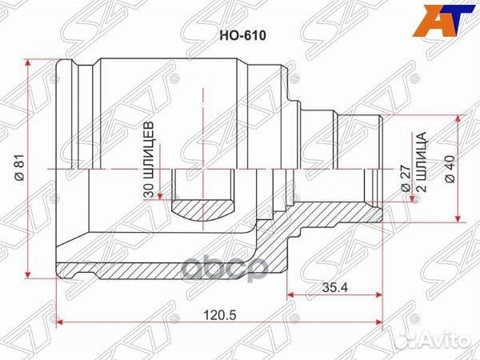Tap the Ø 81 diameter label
pos(17,169)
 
